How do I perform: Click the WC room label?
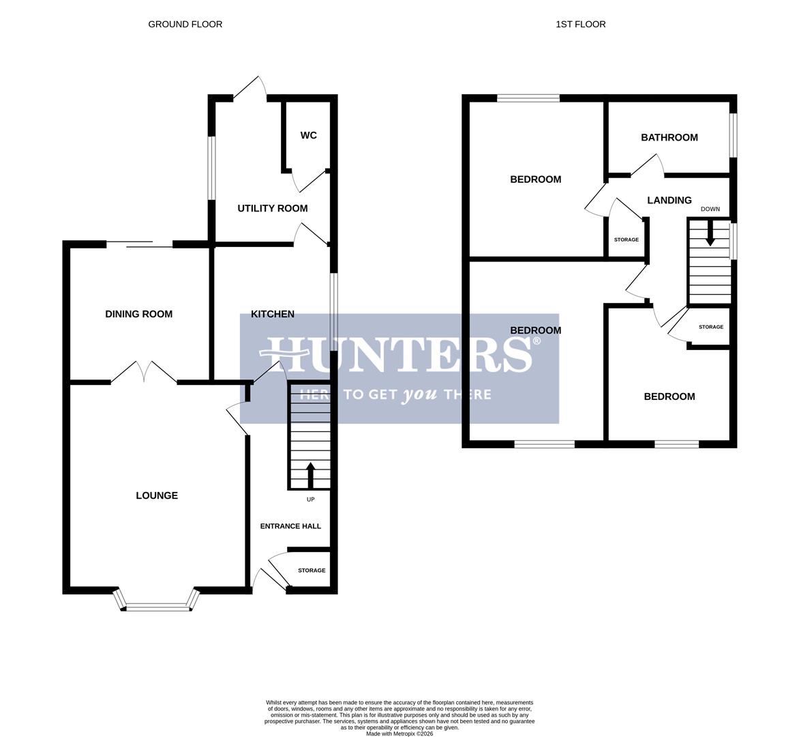coord(308,135)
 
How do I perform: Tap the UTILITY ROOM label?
coord(272,208)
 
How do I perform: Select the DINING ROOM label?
coord(138,314)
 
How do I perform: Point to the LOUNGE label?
coord(157,495)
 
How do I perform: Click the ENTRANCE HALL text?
coord(290,526)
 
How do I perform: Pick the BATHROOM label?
coord(669,137)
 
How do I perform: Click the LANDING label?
coord(669,200)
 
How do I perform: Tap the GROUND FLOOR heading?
coord(185,24)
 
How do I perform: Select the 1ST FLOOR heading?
coord(580,24)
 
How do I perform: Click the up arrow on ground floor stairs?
coord(310,474)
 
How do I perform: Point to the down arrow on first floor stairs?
coord(710,235)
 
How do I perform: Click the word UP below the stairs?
coord(310,500)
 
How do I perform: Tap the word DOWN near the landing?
coord(710,209)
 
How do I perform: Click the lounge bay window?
coord(157,605)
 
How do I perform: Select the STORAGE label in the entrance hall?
coord(312,570)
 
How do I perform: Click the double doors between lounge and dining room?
coord(144,373)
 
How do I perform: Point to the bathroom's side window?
coord(734,134)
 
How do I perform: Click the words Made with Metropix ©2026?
coord(399,734)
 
